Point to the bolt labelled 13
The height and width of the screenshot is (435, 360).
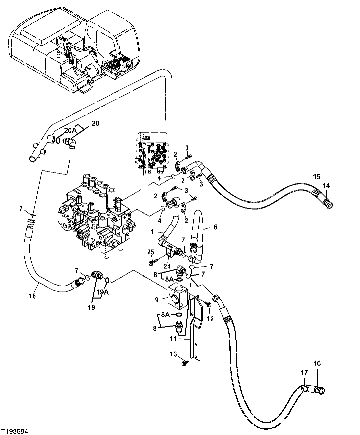[183, 362]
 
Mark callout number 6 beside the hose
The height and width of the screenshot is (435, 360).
[215, 227]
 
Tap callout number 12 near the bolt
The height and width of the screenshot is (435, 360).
[210, 319]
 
